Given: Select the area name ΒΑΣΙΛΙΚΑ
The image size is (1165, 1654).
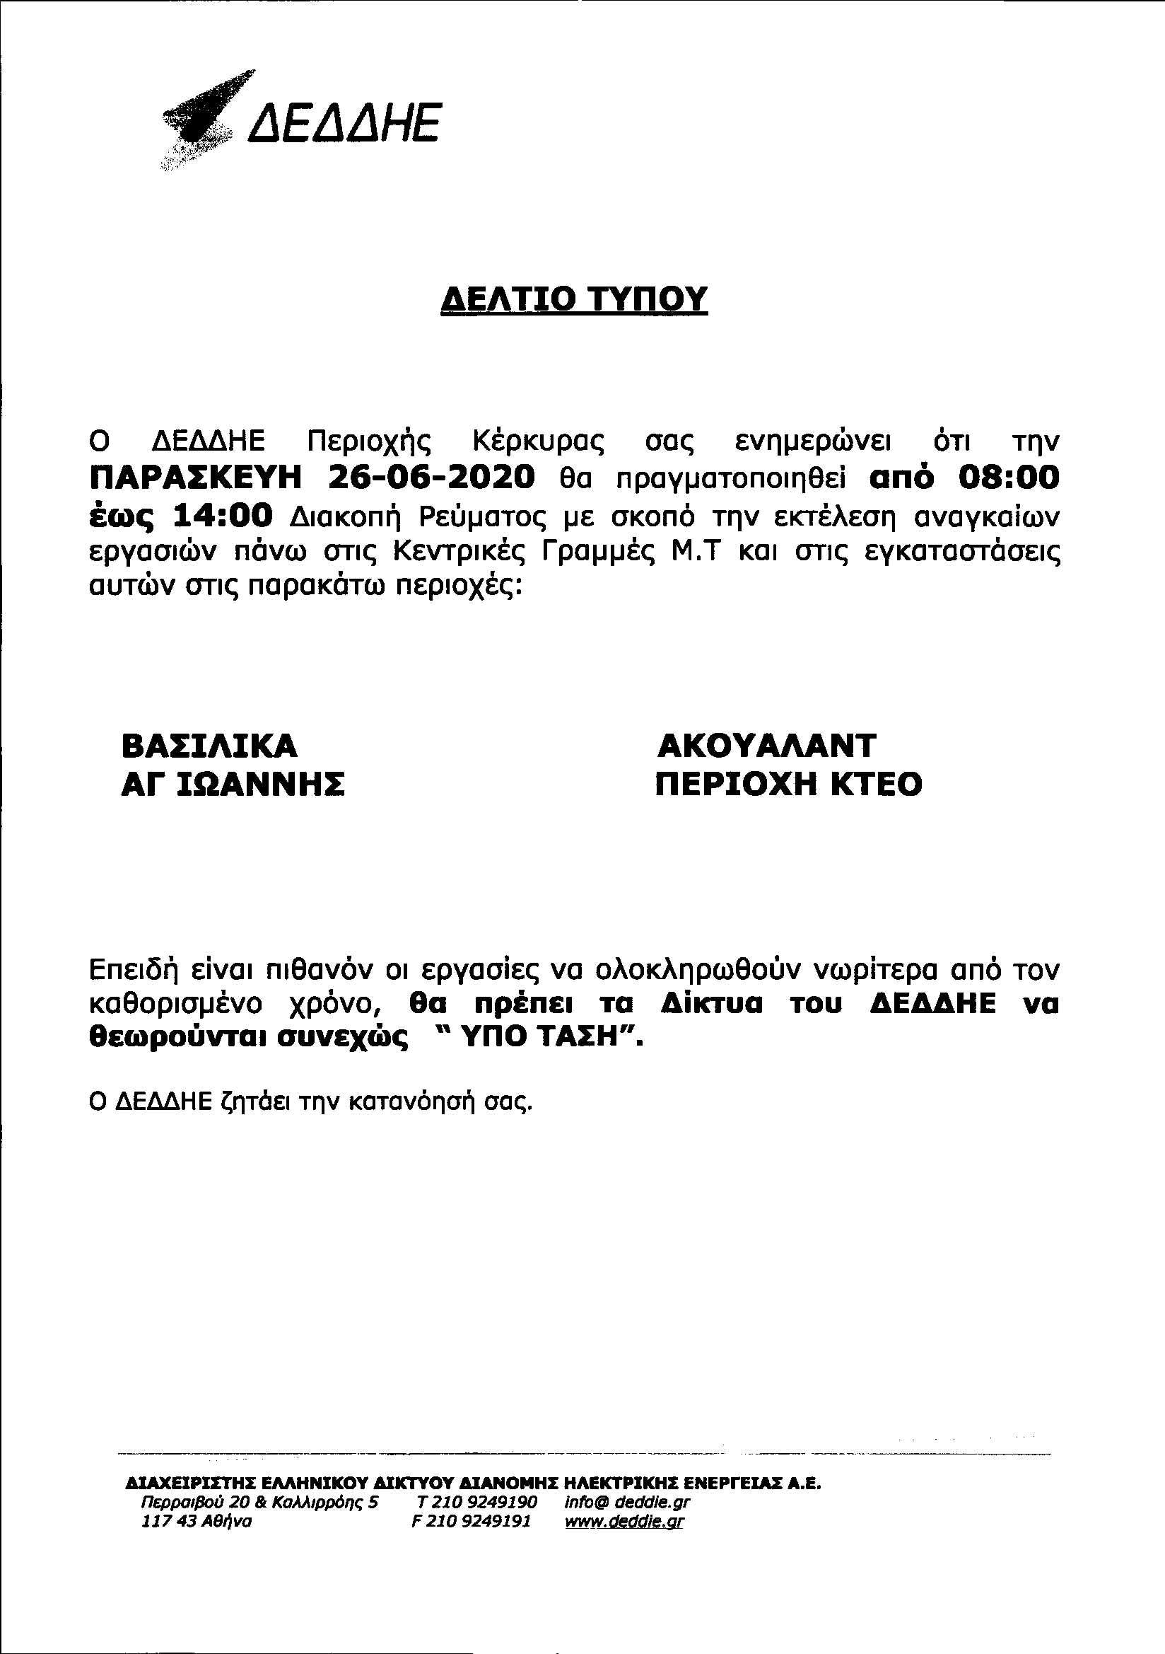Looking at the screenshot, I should point(209,746).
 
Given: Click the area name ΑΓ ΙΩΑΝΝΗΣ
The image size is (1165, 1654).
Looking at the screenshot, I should point(233,785).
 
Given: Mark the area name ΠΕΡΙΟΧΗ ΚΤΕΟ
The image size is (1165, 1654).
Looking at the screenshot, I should point(788,785).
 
